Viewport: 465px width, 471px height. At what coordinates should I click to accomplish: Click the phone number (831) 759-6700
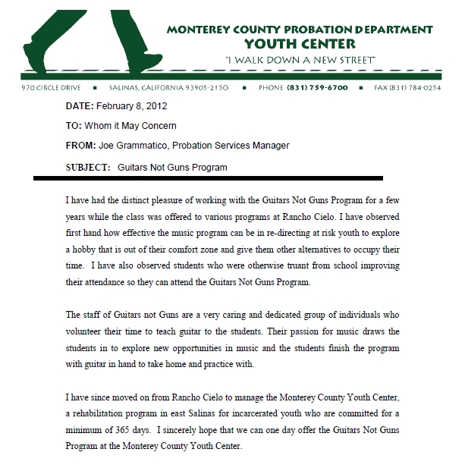pyautogui.click(x=318, y=88)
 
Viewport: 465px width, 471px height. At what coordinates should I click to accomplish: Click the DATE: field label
pyautogui.click(x=80, y=105)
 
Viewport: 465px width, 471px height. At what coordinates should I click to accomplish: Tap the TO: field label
pyautogui.click(x=74, y=126)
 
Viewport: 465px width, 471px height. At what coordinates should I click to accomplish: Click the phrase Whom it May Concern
pyautogui.click(x=130, y=126)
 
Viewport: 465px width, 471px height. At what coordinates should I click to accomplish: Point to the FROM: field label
pyautogui.click(x=81, y=146)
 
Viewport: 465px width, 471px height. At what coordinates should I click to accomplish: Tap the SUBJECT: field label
pyautogui.click(x=88, y=167)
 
